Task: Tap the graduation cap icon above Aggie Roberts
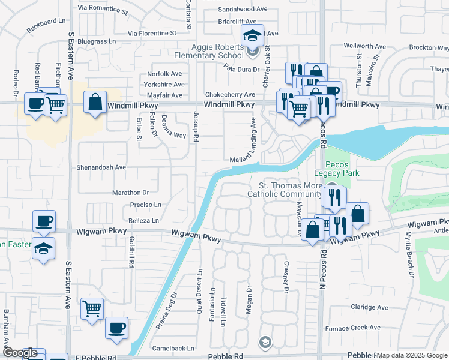(x=253, y=34)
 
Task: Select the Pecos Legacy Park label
(x=345, y=169)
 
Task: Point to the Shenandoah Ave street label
(x=101, y=167)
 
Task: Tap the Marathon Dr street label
(x=130, y=193)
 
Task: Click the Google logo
(x=20, y=353)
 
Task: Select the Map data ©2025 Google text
(x=412, y=355)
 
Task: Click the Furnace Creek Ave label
(x=352, y=328)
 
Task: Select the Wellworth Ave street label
(x=364, y=46)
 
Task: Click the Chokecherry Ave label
(x=230, y=95)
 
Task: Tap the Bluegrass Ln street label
(x=96, y=41)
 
